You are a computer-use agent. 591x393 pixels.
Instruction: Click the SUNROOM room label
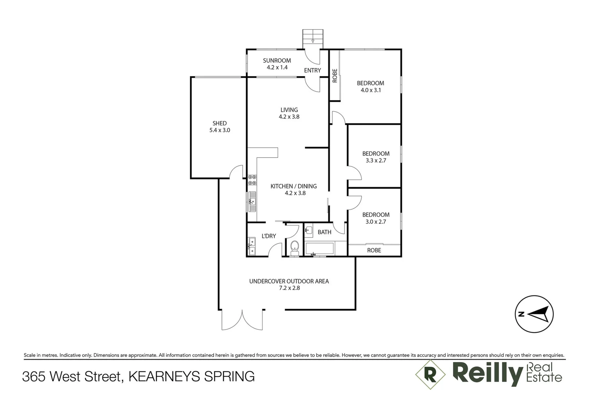(x=277, y=60)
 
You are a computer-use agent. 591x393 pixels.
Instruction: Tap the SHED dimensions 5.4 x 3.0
(x=219, y=130)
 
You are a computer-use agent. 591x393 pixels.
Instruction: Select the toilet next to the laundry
(x=295, y=247)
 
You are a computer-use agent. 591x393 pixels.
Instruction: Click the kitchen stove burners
(x=252, y=180)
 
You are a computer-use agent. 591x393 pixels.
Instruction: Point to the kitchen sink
(x=252, y=201)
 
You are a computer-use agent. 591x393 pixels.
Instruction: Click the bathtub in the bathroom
(x=320, y=249)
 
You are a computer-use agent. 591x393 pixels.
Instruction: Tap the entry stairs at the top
(x=313, y=37)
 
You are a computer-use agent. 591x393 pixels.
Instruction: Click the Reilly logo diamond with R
(x=430, y=374)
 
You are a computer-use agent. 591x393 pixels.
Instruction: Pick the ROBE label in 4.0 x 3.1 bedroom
(x=335, y=76)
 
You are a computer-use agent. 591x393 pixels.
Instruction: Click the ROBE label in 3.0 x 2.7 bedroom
(x=374, y=250)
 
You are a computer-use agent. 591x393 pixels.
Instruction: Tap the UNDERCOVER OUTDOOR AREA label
(x=289, y=281)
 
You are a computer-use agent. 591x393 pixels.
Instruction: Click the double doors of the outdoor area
(x=242, y=320)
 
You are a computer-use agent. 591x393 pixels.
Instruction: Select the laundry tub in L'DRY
(x=252, y=246)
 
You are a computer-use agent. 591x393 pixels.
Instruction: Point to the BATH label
(x=324, y=232)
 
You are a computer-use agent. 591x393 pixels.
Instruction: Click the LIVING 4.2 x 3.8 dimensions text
(x=289, y=117)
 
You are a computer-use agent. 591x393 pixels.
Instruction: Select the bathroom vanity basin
(x=308, y=230)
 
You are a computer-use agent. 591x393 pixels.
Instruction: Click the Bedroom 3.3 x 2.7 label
(x=376, y=154)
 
